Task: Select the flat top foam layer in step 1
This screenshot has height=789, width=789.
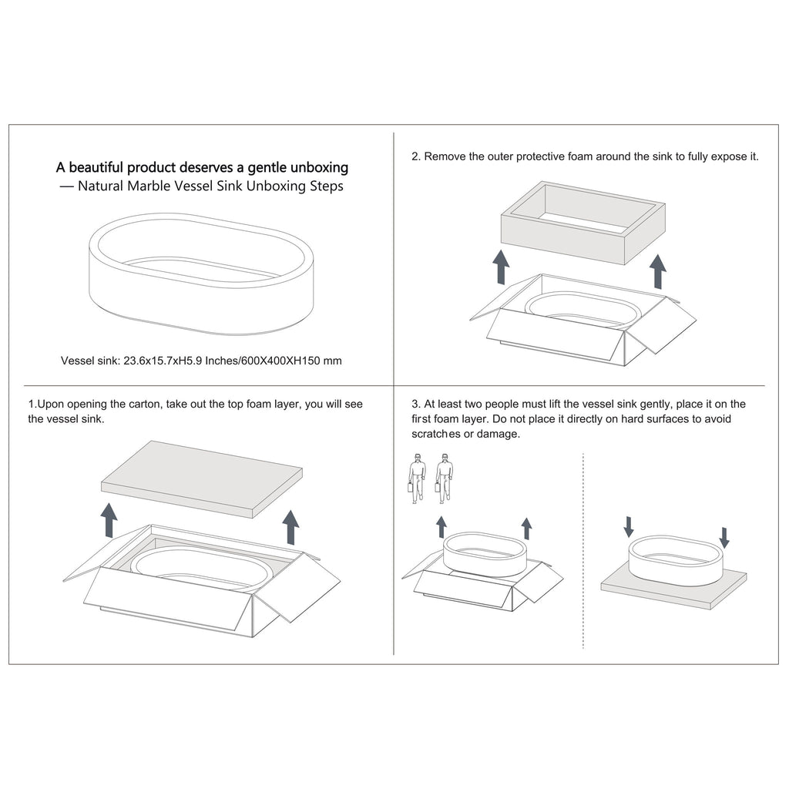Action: click(x=202, y=479)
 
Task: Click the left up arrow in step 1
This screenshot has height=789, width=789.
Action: click(x=109, y=520)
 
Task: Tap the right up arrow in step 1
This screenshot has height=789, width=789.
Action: click(x=290, y=527)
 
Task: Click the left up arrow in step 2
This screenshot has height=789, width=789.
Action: click(x=501, y=267)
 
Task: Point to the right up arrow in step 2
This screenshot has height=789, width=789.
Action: click(x=657, y=272)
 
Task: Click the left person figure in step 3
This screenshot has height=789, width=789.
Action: click(x=417, y=478)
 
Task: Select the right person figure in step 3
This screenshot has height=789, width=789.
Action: click(x=444, y=478)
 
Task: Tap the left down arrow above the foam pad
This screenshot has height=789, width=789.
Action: click(x=629, y=526)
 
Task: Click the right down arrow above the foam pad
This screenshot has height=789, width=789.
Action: click(x=724, y=538)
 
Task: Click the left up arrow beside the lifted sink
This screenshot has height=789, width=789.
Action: click(x=442, y=527)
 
